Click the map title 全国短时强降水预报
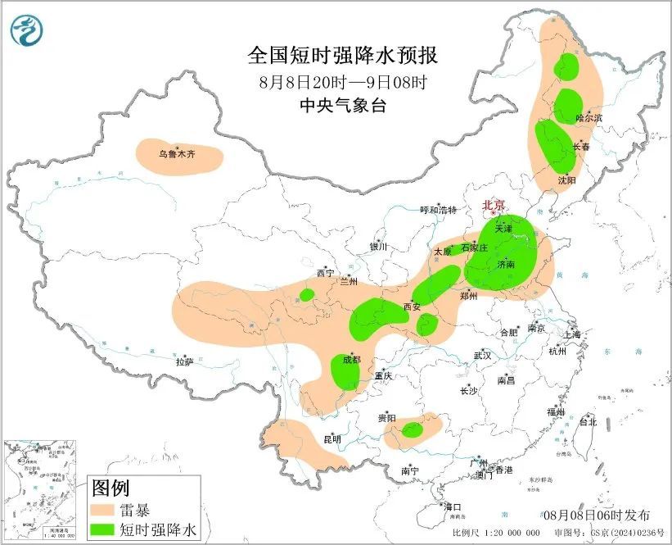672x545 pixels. (x=343, y=56)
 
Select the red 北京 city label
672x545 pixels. (x=494, y=206)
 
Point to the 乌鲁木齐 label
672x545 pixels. (x=178, y=153)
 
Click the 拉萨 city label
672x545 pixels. (x=184, y=361)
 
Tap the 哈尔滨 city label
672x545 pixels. (x=589, y=118)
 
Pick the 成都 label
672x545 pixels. (x=351, y=360)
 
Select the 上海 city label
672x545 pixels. (x=571, y=334)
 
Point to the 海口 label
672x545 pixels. (x=452, y=507)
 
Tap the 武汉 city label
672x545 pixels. (x=482, y=356)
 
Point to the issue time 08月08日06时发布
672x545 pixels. (x=597, y=515)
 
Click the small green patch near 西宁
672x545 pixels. (x=307, y=294)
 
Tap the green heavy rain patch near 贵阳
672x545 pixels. (x=412, y=429)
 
